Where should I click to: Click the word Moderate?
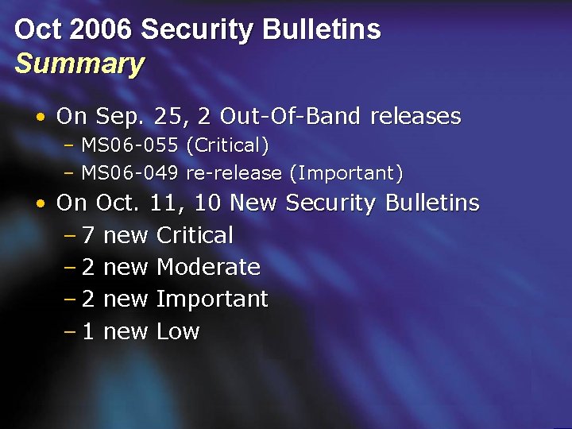208,268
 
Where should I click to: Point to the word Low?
178,332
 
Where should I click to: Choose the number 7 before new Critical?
88,236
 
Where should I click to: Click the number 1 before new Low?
88,332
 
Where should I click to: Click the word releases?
415,117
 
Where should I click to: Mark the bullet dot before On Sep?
39,118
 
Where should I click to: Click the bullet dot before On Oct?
39,204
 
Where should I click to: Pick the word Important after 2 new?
212,300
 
